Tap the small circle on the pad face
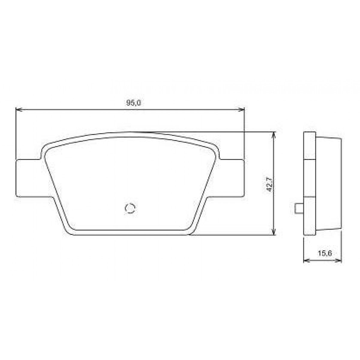tap(130, 208)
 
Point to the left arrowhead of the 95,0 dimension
tap(18, 110)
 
